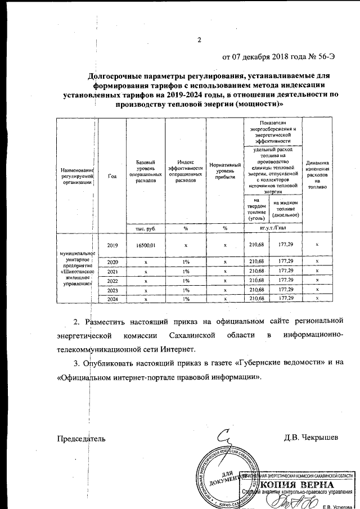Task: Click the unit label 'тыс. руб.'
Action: [145, 228]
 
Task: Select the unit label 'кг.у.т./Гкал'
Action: [273, 228]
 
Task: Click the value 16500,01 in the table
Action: [145, 245]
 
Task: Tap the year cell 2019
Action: [112, 245]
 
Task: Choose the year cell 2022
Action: [112, 280]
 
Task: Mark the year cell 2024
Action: [112, 299]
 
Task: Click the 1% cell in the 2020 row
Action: [185, 262]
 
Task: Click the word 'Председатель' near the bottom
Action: [82, 438]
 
